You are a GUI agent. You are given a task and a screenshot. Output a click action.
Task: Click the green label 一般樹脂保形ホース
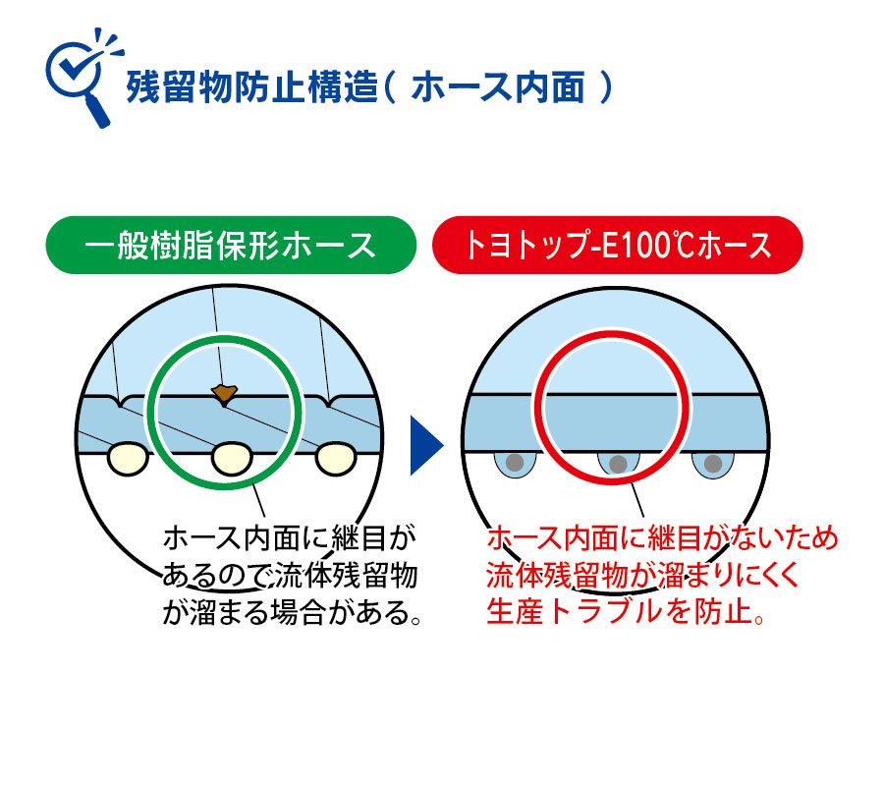click(x=231, y=246)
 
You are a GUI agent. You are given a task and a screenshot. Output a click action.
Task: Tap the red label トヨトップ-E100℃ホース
click(x=618, y=246)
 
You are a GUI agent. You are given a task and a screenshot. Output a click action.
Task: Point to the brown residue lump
click(x=224, y=392)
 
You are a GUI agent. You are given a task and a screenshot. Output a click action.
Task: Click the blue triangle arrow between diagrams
click(x=426, y=445)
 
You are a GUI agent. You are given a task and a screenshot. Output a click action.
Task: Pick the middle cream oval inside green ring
click(x=232, y=459)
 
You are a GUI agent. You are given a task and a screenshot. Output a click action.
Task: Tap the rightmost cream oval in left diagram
click(x=336, y=459)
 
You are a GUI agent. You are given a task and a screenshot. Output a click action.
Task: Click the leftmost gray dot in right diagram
click(x=515, y=463)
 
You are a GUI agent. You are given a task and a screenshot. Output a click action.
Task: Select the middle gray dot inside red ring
click(x=619, y=464)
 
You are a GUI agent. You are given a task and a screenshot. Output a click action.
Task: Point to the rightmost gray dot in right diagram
click(x=713, y=464)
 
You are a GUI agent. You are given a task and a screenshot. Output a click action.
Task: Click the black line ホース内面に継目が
click(x=289, y=537)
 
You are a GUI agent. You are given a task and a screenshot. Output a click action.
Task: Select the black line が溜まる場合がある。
click(x=292, y=612)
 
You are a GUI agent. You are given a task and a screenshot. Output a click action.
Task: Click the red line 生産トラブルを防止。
click(x=626, y=612)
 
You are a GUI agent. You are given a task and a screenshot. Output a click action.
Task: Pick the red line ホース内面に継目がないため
click(x=662, y=537)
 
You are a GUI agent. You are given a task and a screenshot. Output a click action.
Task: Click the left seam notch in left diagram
click(x=121, y=402)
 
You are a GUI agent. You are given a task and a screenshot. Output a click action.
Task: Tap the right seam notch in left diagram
click(x=329, y=402)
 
